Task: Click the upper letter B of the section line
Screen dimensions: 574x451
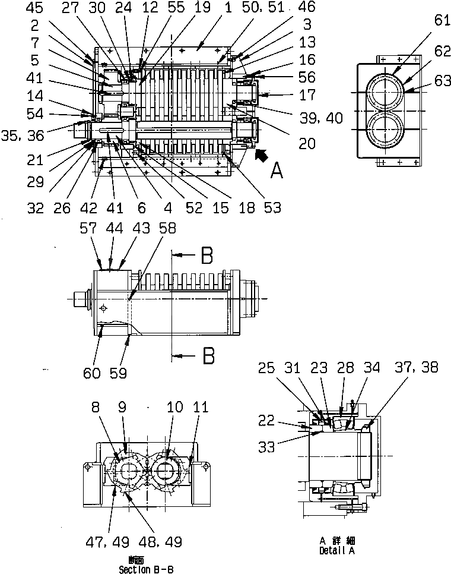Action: [x=206, y=256]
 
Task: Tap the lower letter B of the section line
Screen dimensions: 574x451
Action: [x=206, y=356]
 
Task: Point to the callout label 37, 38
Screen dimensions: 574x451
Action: [x=419, y=368]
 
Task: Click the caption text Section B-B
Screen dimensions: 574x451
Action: [x=146, y=569]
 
